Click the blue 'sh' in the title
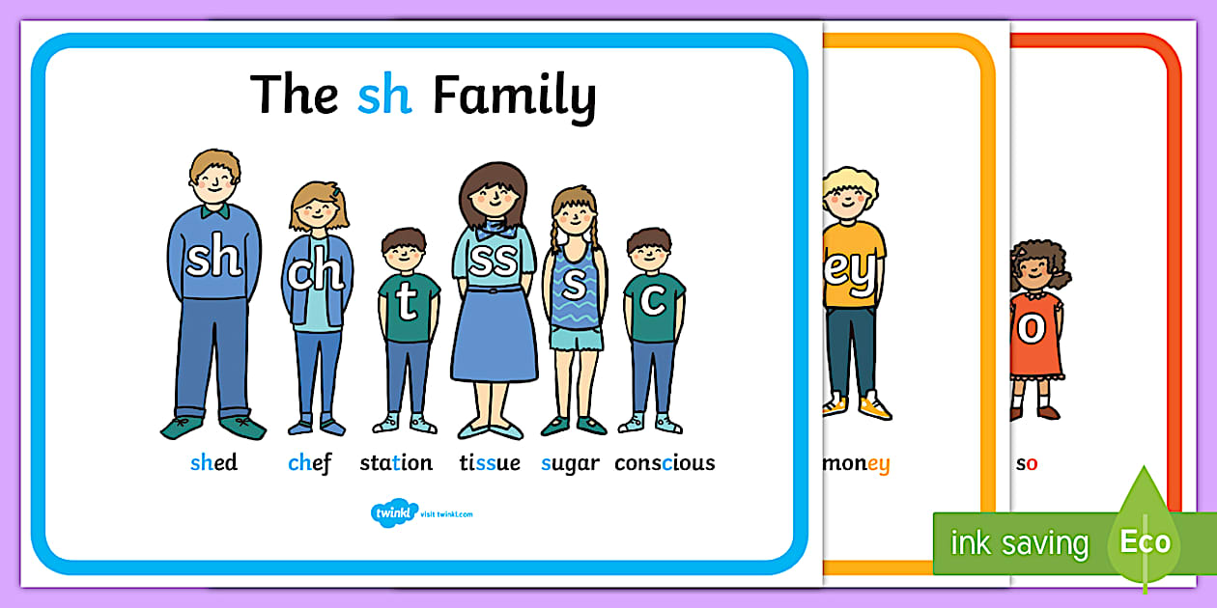click(384, 96)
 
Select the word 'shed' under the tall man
click(213, 463)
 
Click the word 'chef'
click(309, 463)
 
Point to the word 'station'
click(396, 463)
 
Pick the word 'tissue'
click(490, 463)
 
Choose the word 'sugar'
click(570, 463)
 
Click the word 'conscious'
click(665, 463)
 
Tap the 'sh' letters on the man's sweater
click(213, 259)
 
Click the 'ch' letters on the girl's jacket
click(315, 274)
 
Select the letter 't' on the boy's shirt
click(407, 302)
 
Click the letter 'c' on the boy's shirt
click(653, 300)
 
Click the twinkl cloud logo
click(393, 512)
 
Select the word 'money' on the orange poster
click(857, 463)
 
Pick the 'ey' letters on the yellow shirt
click(851, 271)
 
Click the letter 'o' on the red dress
click(1032, 328)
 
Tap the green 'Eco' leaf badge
click(1145, 540)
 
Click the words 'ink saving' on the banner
click(1019, 543)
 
